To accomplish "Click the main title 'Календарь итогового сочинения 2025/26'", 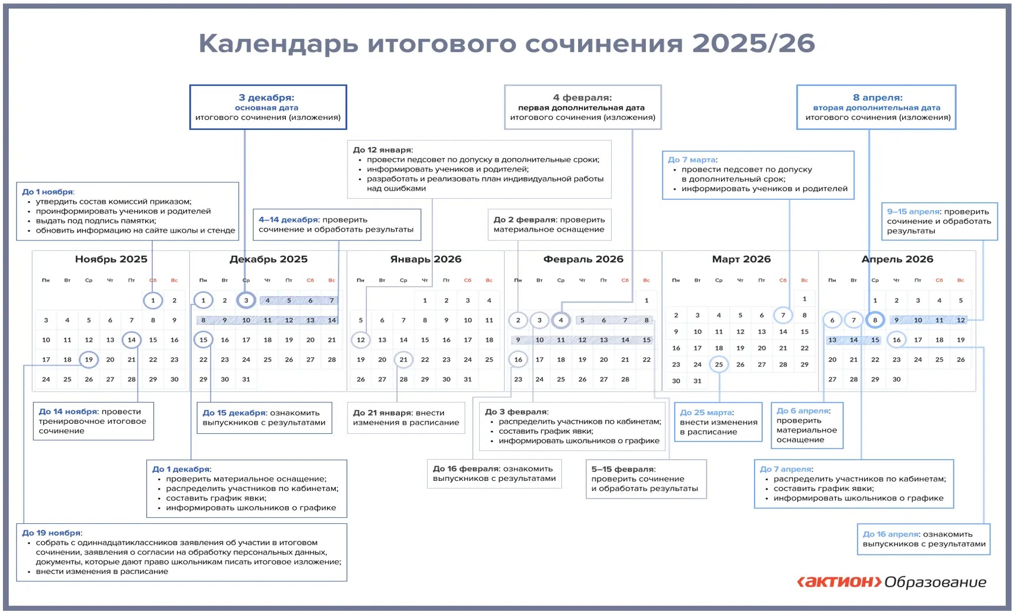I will (506, 44).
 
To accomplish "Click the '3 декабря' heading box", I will (268, 107).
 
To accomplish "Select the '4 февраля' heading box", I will (582, 107).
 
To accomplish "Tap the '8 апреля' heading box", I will (877, 107).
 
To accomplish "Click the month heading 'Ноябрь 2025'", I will (111, 259).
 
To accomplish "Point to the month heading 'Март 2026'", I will (741, 259).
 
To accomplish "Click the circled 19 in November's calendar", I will (89, 360).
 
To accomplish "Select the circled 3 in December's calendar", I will (246, 300).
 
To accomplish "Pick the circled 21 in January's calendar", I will (403, 360).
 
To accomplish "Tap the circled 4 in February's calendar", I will (561, 320).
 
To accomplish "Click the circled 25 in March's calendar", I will (719, 364).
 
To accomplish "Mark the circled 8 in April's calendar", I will (875, 320).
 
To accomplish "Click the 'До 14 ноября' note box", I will (93, 421).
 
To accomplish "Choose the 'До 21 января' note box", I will (406, 417).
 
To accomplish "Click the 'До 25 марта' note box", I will (718, 422).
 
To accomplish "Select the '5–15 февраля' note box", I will (645, 479).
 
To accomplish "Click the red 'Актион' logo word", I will (839, 582).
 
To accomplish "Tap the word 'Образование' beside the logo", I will (935, 582).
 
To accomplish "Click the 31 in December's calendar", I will (246, 380).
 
